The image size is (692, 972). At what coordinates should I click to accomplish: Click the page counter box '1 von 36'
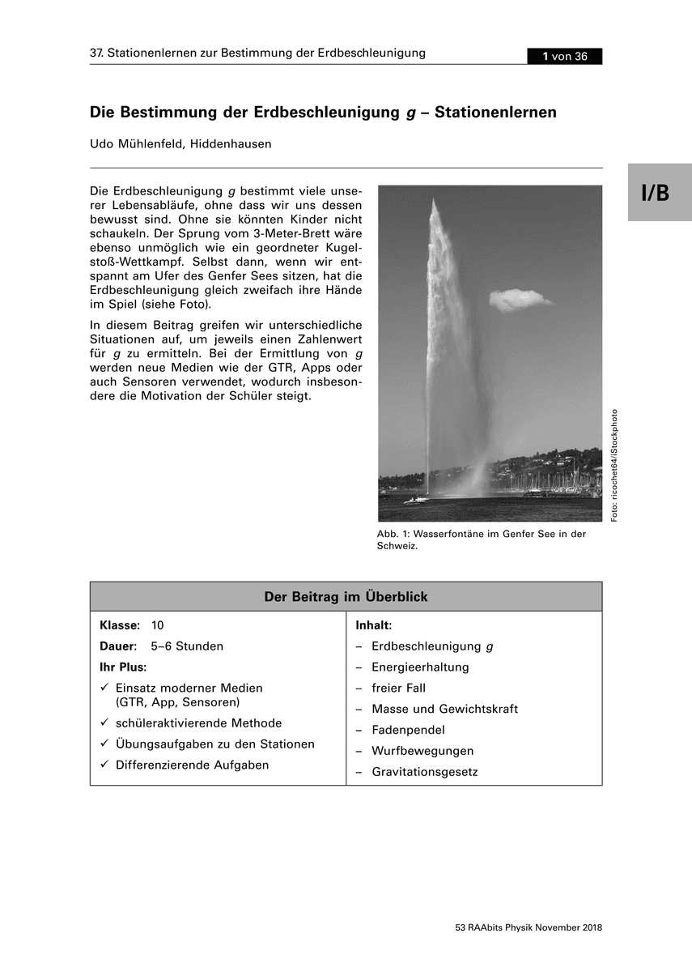564,56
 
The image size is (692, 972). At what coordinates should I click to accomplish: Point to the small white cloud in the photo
520,299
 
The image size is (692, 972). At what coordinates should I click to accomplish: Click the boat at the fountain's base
416,500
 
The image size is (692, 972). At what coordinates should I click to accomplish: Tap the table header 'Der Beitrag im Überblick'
346,597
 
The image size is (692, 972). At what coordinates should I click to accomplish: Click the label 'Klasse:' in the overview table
120,625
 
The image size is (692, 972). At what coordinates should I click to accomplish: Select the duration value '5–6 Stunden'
187,646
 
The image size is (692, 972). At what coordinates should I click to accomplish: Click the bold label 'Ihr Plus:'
122,667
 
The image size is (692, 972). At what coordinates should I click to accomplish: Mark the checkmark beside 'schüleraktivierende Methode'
104,723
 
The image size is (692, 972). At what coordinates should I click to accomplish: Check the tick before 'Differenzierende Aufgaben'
104,765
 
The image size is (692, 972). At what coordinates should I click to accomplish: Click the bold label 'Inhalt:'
374,625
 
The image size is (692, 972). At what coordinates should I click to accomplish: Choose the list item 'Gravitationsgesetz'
425,772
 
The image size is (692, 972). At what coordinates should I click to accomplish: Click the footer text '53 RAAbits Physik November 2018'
529,927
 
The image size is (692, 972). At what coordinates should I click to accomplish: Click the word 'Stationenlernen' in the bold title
495,113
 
